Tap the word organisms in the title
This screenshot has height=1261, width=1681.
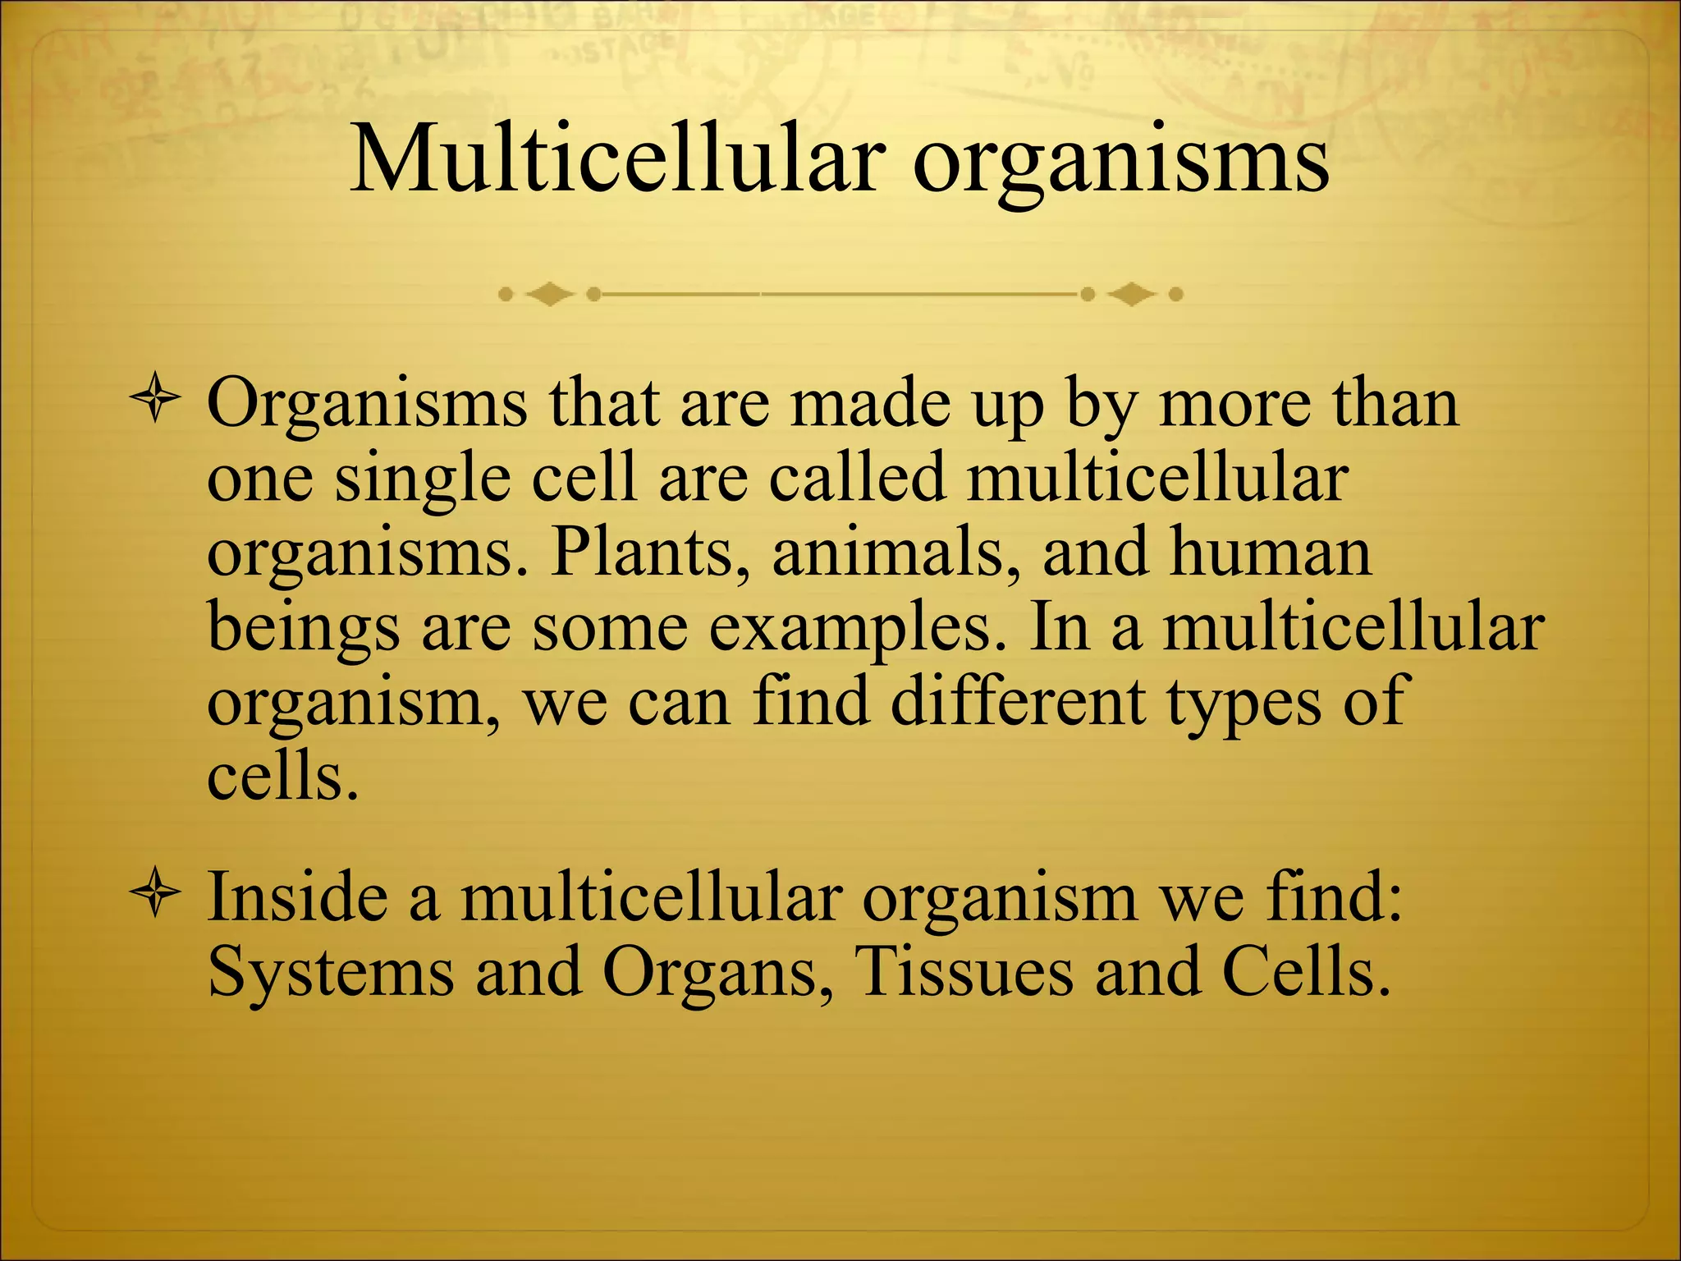(1120, 164)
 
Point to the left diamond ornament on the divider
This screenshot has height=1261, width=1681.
(549, 294)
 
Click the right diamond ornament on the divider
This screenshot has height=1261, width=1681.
(1132, 294)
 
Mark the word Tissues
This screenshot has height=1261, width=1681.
(964, 972)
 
